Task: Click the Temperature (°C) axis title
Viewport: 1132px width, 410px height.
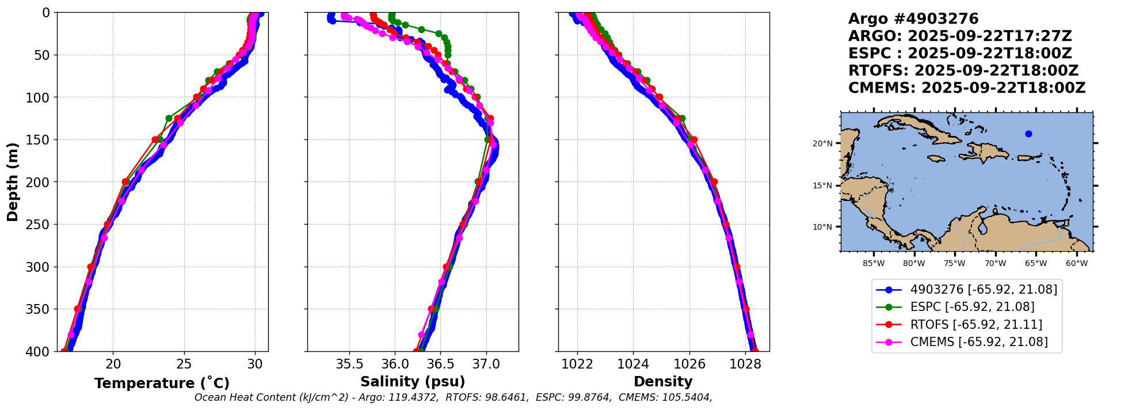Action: tap(162, 384)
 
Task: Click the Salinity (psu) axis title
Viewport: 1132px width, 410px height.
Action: tap(413, 382)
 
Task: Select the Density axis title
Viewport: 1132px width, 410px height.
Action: tap(663, 382)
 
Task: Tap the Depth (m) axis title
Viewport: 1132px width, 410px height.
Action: tap(13, 182)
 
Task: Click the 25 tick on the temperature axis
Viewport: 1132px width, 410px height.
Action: tap(184, 364)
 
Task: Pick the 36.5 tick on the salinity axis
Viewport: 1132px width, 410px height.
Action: tap(440, 364)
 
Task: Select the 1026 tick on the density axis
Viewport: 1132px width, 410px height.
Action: tap(689, 364)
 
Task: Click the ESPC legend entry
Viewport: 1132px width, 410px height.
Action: tap(972, 307)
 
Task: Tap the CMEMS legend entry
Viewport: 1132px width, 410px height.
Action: tap(978, 342)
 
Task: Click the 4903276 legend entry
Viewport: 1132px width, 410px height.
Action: tap(984, 290)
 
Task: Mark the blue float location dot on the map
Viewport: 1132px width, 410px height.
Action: tap(1028, 134)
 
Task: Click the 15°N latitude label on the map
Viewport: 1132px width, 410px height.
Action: tap(822, 185)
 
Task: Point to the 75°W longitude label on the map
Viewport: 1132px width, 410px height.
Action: tap(954, 264)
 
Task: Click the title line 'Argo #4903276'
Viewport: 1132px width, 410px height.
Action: tap(913, 19)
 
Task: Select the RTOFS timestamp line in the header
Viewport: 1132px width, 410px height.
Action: tap(963, 71)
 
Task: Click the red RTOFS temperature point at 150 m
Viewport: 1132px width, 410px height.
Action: tap(155, 140)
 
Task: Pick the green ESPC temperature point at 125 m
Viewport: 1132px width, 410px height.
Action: tap(169, 118)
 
